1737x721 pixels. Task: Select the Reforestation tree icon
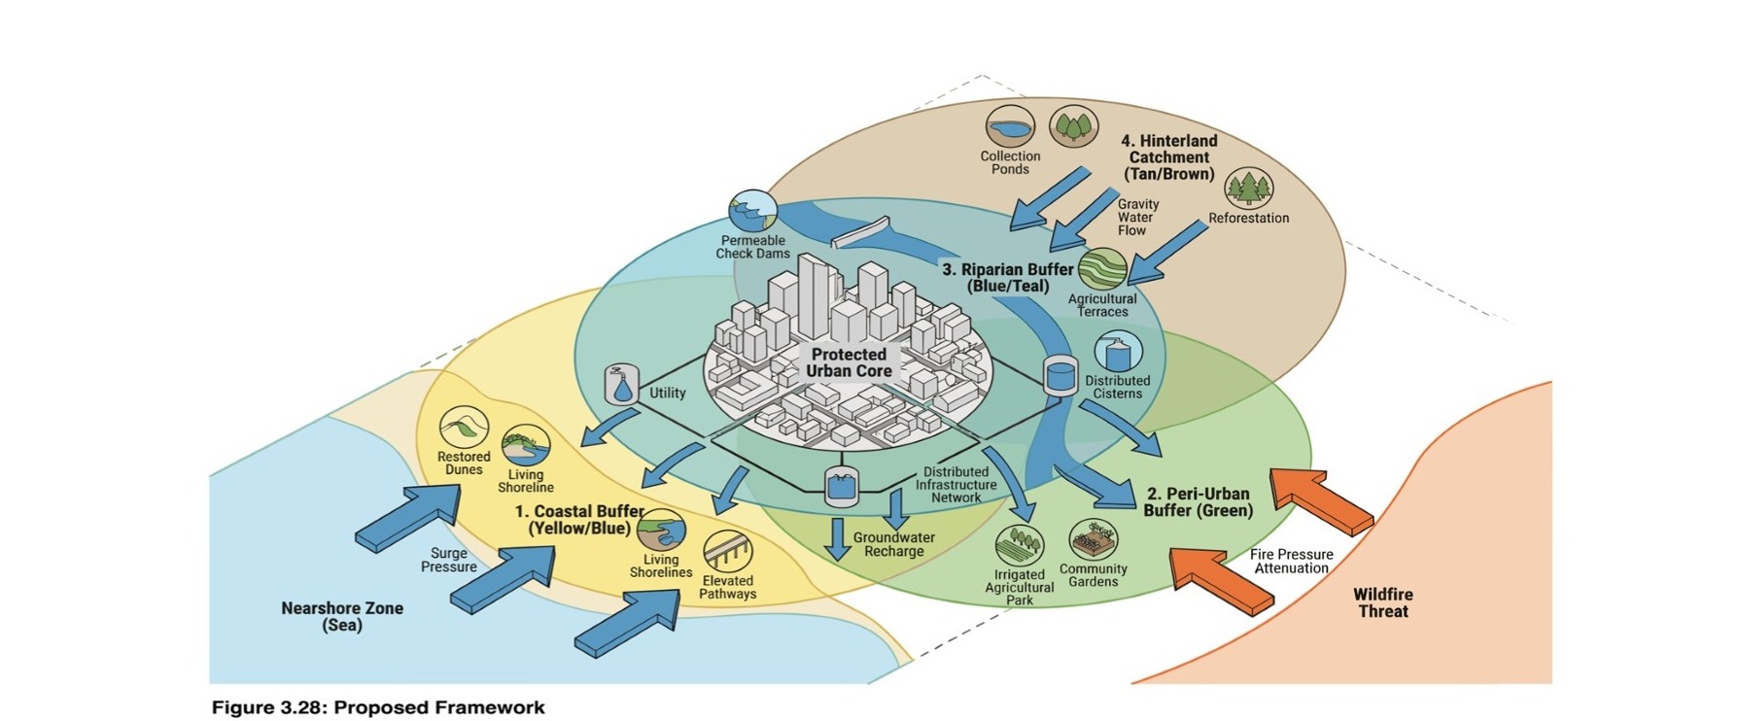tap(1248, 189)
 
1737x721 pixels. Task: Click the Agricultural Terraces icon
tap(1102, 269)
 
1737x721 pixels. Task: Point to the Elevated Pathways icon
tap(727, 553)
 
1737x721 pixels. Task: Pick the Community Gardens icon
tap(1094, 540)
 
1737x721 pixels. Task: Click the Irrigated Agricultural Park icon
tap(1019, 545)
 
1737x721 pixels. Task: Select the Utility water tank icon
tap(621, 385)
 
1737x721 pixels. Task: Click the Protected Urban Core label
tap(849, 362)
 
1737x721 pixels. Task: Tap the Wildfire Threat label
tap(1382, 602)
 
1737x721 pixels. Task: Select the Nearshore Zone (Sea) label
tap(342, 616)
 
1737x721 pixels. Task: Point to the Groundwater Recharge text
tap(893, 544)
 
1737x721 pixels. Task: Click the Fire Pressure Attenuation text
tap(1291, 562)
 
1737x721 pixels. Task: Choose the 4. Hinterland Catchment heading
tap(1168, 157)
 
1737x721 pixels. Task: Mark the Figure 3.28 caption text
tap(378, 707)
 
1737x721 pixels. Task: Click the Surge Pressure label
tap(448, 560)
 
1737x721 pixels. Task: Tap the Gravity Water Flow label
tap(1137, 218)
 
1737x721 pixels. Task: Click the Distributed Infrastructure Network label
tap(955, 485)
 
